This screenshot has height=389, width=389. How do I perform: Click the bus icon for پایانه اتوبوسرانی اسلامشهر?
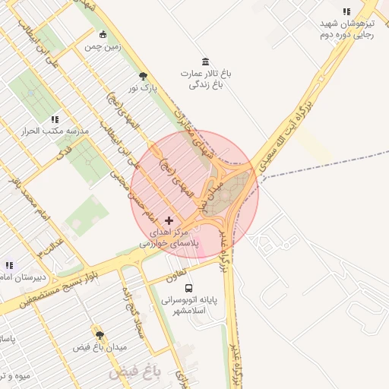point(188,288)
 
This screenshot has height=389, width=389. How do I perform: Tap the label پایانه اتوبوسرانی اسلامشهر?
point(188,305)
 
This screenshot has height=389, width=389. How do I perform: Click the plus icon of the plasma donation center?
point(169,220)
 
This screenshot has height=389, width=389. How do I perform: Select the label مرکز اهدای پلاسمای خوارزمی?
point(168,236)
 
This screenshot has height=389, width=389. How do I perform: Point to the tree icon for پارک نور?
point(143,76)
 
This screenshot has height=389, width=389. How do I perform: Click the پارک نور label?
point(143,89)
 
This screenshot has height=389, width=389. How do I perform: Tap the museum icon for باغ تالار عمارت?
point(205,62)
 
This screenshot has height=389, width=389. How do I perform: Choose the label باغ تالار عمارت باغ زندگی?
point(204,79)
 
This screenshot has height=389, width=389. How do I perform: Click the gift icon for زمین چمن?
point(103,34)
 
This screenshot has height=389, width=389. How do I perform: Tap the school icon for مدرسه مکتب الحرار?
point(54,119)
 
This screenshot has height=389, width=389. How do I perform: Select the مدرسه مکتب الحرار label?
point(55,131)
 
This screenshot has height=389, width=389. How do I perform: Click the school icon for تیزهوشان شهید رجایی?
point(346,12)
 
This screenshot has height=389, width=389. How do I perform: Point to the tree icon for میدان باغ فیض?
point(100,334)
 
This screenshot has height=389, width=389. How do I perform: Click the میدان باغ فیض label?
point(100,347)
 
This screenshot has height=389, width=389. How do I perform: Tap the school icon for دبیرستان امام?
point(9,265)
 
